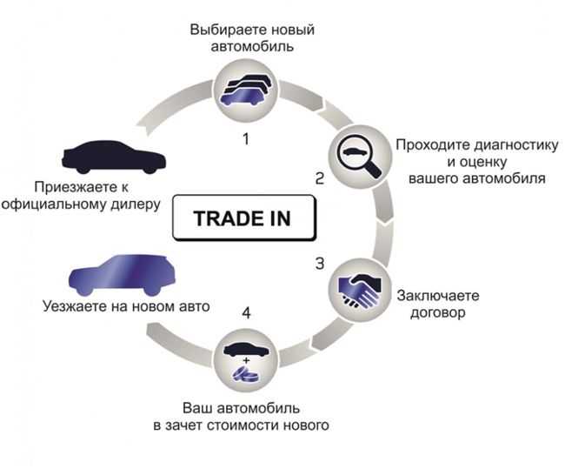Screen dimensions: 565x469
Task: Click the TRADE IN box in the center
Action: [x=244, y=218]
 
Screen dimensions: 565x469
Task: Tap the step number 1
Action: [x=246, y=139]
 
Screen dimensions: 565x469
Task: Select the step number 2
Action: [x=320, y=178]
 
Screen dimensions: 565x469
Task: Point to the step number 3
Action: [x=320, y=264]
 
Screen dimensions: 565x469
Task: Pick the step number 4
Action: [x=246, y=312]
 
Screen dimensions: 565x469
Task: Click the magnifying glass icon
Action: [x=359, y=156]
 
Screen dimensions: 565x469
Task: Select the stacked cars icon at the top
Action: [x=246, y=90]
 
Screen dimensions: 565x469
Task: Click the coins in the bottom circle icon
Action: [x=245, y=374]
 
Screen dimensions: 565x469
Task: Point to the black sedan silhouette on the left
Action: [x=113, y=157]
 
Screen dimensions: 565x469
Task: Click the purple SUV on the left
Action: [x=122, y=275]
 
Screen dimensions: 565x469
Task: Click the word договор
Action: [x=438, y=312]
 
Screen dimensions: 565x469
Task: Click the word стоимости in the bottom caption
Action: [x=244, y=425]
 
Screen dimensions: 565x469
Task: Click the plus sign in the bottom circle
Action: [x=246, y=360]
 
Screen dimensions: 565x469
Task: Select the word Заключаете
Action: [x=438, y=296]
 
